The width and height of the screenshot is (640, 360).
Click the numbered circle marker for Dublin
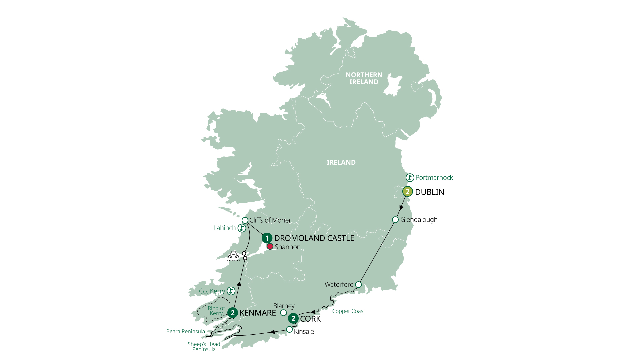407,192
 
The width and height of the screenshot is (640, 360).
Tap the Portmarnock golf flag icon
410,178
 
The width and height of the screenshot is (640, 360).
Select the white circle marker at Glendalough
395,220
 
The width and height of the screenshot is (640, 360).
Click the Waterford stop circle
358,285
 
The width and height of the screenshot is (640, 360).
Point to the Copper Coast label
348,311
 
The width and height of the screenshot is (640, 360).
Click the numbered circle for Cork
293,319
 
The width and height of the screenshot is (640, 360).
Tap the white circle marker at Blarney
283,313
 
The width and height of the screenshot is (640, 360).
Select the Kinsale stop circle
289,330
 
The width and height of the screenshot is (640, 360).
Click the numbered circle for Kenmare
233,313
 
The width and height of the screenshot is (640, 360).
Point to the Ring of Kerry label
216,311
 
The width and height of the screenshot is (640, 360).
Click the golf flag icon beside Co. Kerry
231,291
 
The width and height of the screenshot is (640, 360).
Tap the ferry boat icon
233,256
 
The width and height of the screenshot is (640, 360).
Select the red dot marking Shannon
270,247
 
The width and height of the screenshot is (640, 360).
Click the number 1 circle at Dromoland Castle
267,238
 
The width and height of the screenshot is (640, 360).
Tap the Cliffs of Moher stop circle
245,220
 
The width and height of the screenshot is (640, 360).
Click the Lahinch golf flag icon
242,228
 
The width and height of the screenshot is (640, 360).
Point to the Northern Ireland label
364,78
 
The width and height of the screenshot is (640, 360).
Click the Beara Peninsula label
185,331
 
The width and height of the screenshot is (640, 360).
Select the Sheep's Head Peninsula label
204,347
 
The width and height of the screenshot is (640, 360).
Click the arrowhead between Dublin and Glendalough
401,208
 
